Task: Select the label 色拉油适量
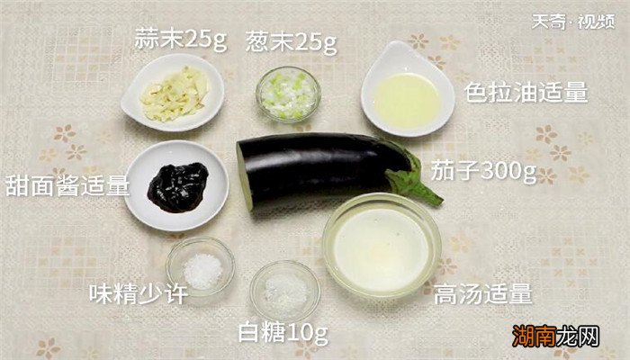tap(526, 92)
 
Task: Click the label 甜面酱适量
tap(67, 185)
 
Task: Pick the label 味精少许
tap(138, 293)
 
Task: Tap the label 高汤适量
tap(482, 293)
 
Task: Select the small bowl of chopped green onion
tap(287, 93)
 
